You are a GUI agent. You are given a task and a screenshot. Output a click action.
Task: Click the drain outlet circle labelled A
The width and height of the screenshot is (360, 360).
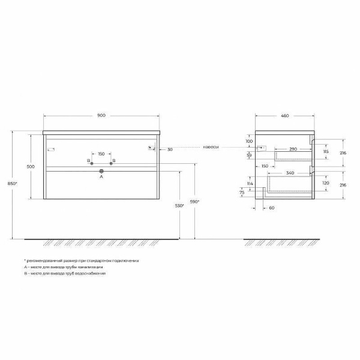click(x=101, y=171)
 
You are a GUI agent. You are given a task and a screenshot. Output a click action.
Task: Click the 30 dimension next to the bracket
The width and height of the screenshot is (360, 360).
click(x=170, y=149)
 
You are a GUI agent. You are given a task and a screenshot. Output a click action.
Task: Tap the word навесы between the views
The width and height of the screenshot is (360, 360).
click(x=210, y=147)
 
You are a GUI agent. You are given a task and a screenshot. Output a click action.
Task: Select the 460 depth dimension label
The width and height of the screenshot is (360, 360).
click(x=285, y=116)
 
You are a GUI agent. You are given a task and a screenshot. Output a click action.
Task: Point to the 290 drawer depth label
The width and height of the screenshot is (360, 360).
click(x=293, y=148)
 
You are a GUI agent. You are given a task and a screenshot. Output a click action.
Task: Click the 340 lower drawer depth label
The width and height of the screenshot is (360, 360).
click(x=290, y=173)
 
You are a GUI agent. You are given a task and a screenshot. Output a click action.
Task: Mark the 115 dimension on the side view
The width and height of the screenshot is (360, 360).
click(x=325, y=152)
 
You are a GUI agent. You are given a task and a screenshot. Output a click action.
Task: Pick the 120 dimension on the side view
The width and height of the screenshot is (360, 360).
click(x=325, y=183)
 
